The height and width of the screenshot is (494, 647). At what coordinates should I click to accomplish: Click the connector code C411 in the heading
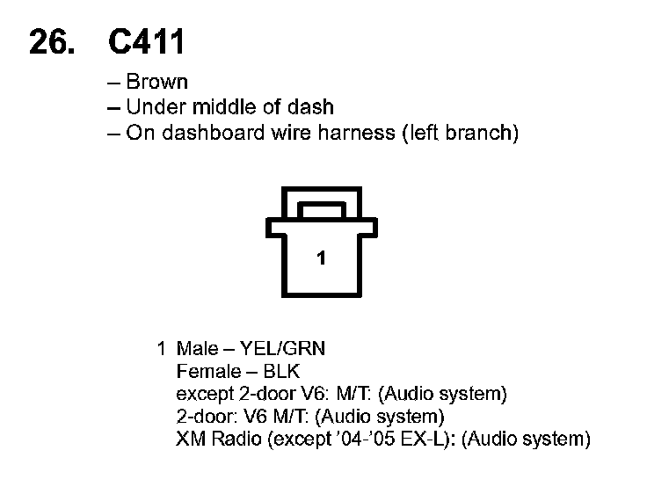(x=148, y=41)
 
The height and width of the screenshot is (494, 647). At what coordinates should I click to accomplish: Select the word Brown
(x=156, y=83)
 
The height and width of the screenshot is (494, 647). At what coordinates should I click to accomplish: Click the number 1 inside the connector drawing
(x=322, y=258)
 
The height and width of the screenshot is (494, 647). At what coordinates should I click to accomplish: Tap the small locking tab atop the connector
(x=322, y=211)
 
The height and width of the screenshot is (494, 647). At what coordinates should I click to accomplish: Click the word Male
(x=198, y=348)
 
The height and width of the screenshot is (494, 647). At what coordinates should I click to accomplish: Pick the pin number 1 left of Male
(x=161, y=348)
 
